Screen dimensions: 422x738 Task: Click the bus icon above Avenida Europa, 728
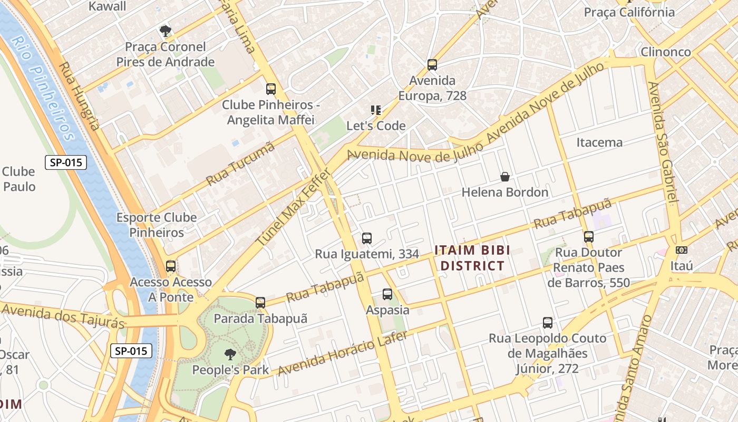[x=432, y=65]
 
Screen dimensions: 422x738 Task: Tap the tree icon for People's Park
[x=230, y=354]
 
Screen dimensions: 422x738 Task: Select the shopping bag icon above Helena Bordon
[x=504, y=177]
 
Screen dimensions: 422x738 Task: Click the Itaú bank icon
[x=681, y=250]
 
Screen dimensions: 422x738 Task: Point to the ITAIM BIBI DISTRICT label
[x=472, y=257]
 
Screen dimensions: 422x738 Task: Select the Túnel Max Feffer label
[x=294, y=207]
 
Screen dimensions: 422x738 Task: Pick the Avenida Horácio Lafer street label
[x=342, y=353]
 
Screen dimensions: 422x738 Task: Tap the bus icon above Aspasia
[x=387, y=294]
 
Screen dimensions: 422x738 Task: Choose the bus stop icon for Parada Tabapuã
[x=260, y=303]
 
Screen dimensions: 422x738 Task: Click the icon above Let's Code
[x=376, y=110]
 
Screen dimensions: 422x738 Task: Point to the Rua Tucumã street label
[x=240, y=163]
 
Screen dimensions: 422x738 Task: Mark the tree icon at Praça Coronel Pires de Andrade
[x=166, y=31]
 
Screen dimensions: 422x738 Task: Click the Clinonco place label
[x=665, y=52]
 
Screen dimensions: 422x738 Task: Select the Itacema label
[x=599, y=142]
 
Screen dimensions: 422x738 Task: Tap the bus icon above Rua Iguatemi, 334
[x=367, y=238]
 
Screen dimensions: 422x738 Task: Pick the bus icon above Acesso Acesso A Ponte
[x=171, y=266]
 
